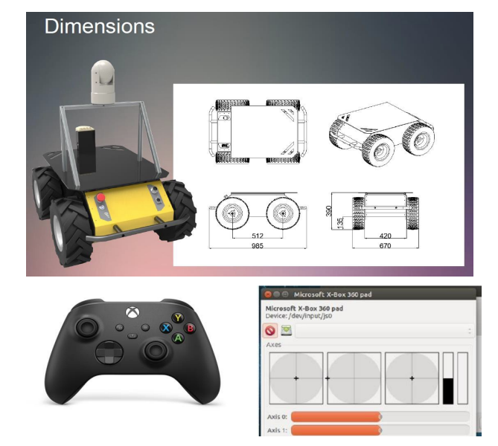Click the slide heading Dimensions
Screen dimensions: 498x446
click(x=100, y=26)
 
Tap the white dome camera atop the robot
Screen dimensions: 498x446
click(x=103, y=82)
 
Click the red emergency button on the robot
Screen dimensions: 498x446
click(x=100, y=197)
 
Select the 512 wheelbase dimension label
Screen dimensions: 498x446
click(x=258, y=236)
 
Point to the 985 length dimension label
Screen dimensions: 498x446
click(x=258, y=245)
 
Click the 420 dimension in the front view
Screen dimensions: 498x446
click(x=386, y=236)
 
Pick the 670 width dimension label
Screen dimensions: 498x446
click(x=386, y=245)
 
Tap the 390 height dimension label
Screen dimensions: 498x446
click(x=329, y=211)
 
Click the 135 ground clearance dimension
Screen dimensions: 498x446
click(x=340, y=223)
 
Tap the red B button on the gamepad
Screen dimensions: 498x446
click(x=190, y=328)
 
